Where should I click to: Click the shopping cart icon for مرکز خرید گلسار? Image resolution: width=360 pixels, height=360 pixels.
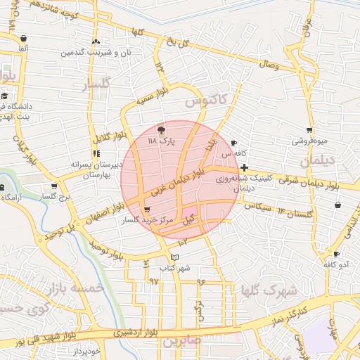[x=146, y=210]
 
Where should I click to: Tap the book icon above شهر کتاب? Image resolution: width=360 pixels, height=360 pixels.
[x=175, y=257]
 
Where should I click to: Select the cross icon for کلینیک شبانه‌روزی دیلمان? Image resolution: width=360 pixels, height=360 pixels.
[x=243, y=167]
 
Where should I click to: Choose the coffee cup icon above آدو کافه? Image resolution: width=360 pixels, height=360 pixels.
[x=337, y=254]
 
